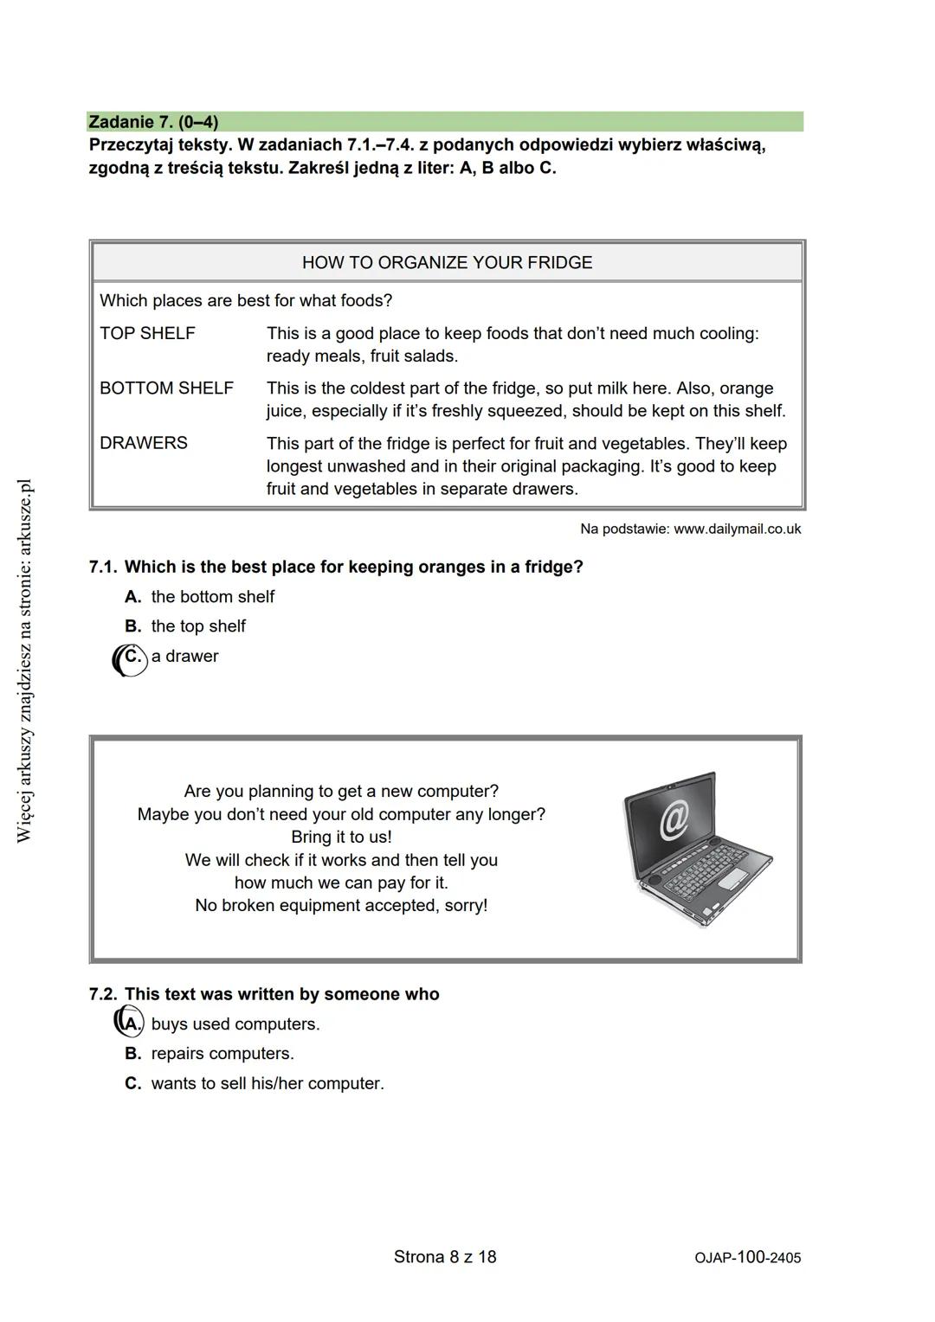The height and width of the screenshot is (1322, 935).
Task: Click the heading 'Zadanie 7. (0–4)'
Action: (x=153, y=122)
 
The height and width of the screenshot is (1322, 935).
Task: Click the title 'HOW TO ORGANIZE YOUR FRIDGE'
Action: (x=447, y=263)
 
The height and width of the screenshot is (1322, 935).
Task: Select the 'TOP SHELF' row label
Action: (x=147, y=333)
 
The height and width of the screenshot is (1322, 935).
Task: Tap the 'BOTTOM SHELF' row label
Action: (x=166, y=388)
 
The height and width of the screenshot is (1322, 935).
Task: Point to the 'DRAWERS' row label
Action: (x=144, y=443)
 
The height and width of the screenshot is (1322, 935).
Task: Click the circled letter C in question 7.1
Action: (x=131, y=657)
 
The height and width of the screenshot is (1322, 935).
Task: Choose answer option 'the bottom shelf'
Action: (x=212, y=597)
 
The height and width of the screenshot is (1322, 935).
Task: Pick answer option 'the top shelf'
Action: (x=198, y=626)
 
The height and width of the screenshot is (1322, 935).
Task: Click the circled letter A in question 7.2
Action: (x=130, y=1024)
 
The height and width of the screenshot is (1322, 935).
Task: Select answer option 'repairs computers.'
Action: (x=222, y=1054)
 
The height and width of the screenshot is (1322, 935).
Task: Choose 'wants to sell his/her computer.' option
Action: (x=268, y=1083)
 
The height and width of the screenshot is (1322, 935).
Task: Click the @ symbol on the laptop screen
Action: (x=674, y=818)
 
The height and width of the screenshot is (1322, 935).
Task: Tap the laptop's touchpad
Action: (x=735, y=880)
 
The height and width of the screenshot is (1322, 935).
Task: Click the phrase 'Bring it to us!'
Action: (x=341, y=837)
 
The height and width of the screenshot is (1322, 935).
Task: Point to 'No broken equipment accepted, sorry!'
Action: (x=341, y=906)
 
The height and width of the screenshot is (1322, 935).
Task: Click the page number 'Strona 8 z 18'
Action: (x=445, y=1257)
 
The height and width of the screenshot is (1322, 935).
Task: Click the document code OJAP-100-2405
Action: (x=747, y=1258)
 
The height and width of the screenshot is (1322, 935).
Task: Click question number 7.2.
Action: (x=103, y=995)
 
